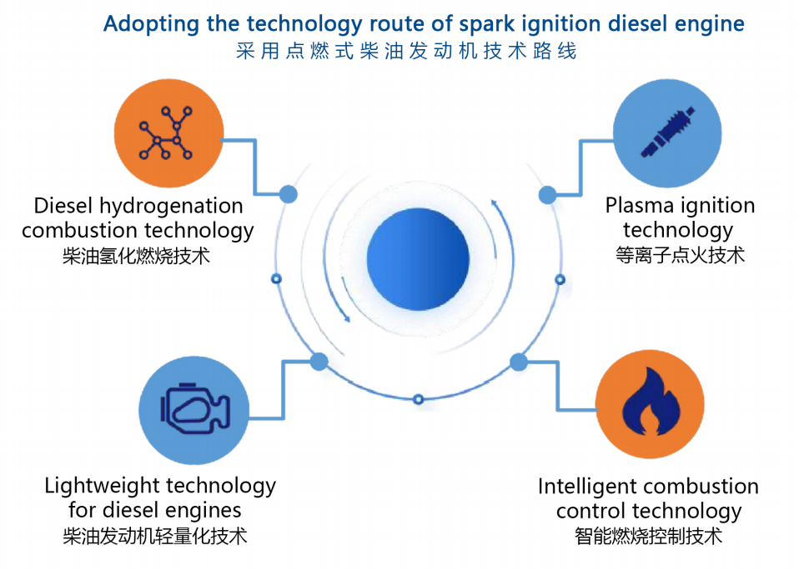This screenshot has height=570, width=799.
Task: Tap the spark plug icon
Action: tap(666, 133)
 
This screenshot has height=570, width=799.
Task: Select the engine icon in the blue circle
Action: tap(194, 408)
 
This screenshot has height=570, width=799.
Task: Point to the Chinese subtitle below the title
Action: tap(406, 52)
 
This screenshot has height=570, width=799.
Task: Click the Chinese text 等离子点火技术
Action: tap(680, 254)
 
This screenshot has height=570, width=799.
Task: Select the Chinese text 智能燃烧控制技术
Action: tap(648, 536)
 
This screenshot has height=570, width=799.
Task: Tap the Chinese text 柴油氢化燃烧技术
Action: tap(136, 256)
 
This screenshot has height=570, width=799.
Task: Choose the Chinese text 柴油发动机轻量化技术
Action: tap(155, 536)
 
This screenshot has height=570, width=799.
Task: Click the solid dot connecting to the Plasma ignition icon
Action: tap(547, 195)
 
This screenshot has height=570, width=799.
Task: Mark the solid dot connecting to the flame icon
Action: tap(519, 362)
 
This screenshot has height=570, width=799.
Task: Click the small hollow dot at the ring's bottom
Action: tap(419, 399)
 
